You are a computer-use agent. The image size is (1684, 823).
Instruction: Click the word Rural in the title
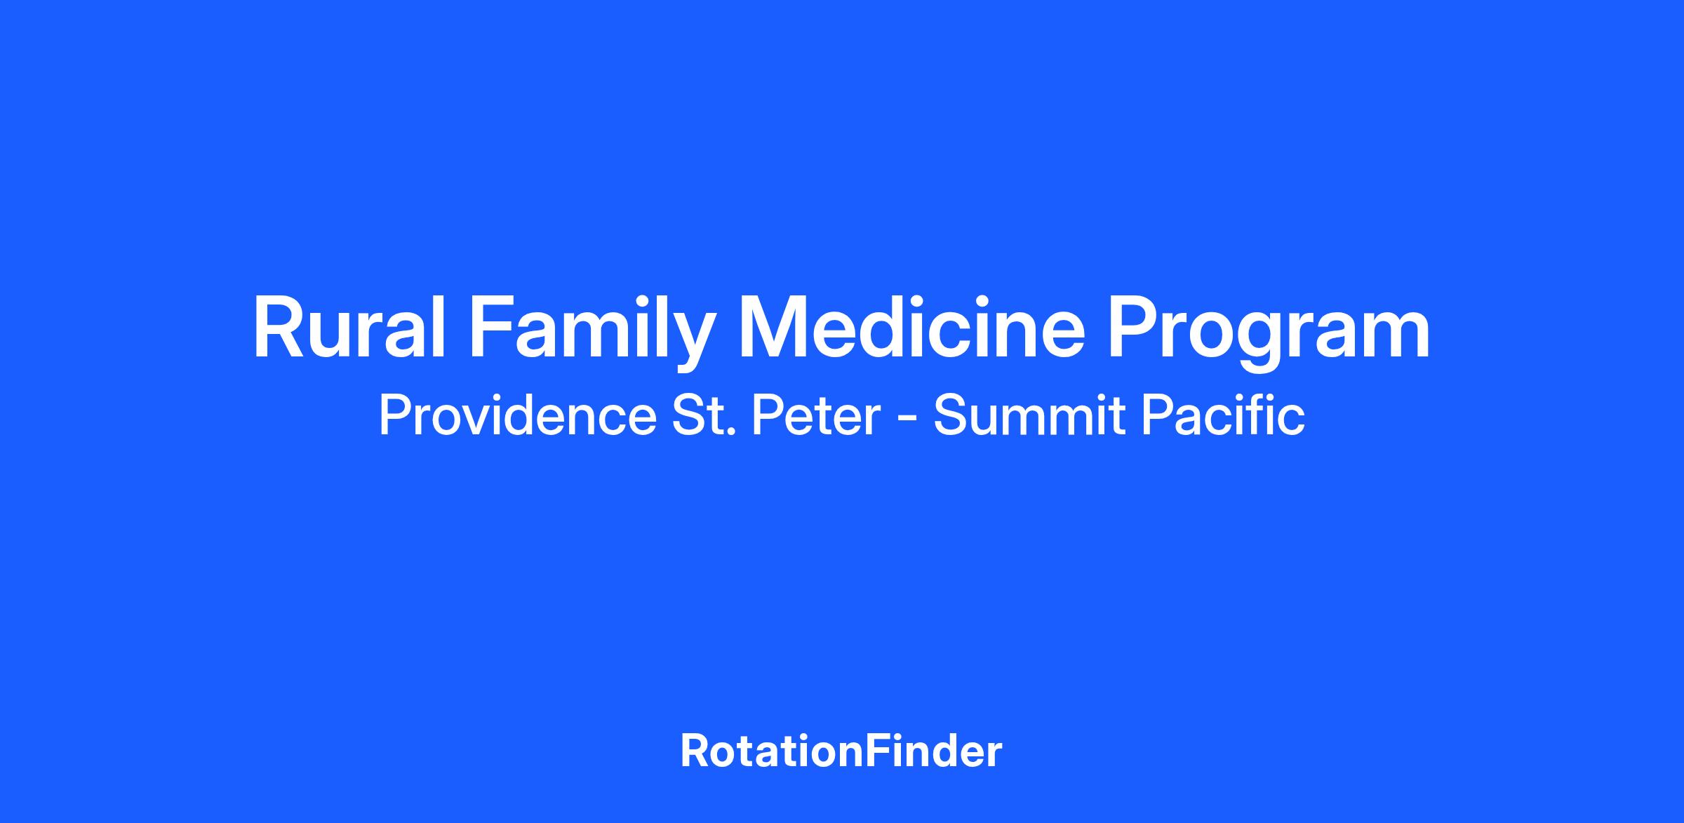(349, 328)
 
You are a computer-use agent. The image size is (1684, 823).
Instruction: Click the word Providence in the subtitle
(517, 415)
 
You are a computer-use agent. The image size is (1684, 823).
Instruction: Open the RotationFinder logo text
(841, 751)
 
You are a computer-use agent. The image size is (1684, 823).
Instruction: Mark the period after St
(732, 434)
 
